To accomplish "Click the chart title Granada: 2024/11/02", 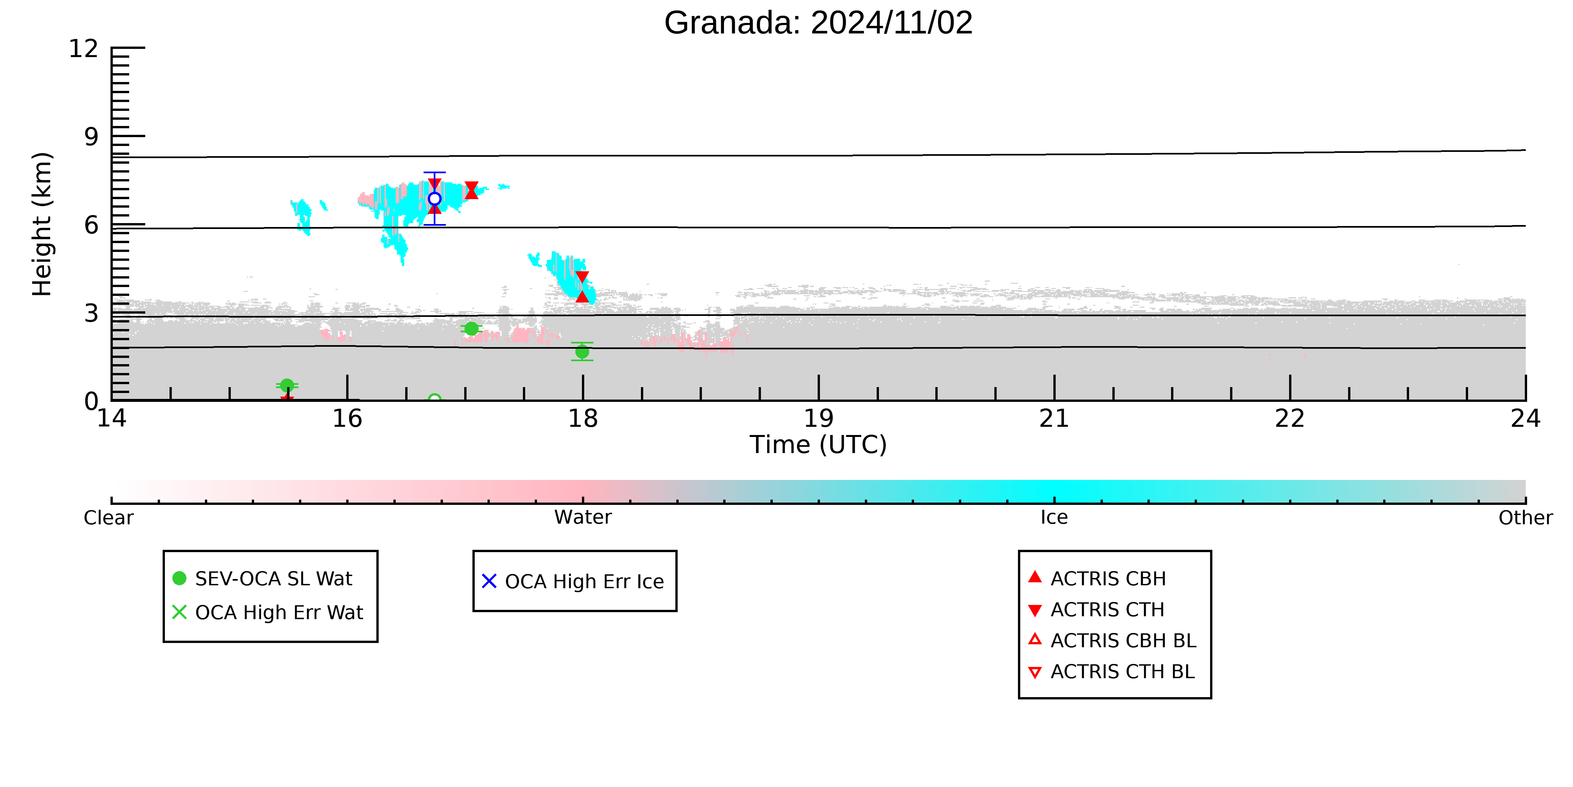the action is tap(818, 23).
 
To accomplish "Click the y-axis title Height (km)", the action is tap(42, 224).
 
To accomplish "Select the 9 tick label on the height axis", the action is tap(91, 137).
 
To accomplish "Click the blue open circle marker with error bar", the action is tap(434, 198).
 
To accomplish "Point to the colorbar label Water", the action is tap(583, 518).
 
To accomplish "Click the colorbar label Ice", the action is tap(1054, 518).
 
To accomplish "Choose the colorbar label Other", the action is tap(1525, 518).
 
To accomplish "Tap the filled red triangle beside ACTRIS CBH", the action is tap(1034, 577).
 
